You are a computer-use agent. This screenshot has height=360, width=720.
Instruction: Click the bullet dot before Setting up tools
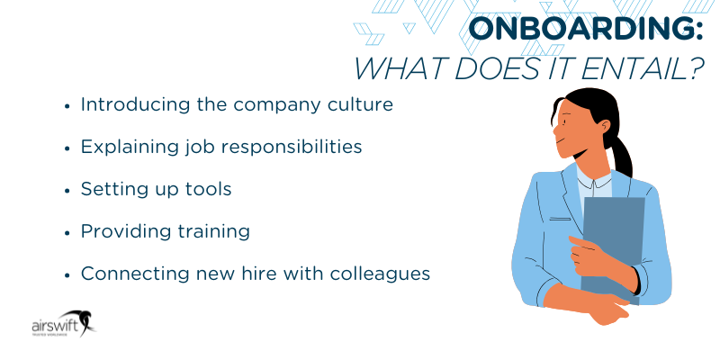(67, 190)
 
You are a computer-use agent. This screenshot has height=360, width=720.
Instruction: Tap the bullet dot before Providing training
(67, 232)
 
